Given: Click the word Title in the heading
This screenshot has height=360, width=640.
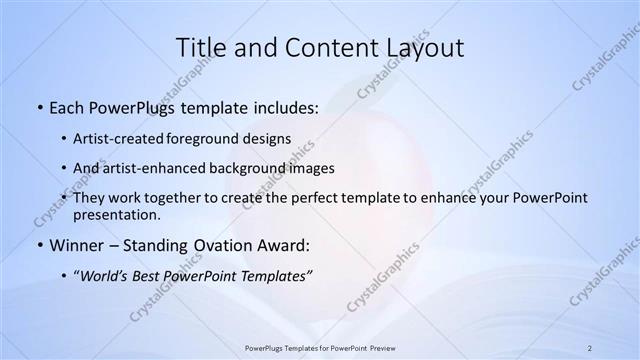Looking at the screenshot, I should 200,47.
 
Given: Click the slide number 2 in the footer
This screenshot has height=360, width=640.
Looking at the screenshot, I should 590,347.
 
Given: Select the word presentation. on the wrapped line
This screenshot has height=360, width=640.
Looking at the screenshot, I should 116,214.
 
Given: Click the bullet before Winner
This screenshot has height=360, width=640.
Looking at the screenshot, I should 39,245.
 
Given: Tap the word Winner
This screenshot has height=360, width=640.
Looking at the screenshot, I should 76,245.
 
